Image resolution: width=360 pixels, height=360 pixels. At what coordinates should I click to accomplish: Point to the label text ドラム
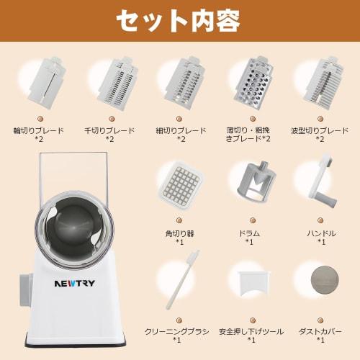249,233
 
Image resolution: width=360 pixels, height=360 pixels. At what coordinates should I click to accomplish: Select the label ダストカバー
320,330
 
